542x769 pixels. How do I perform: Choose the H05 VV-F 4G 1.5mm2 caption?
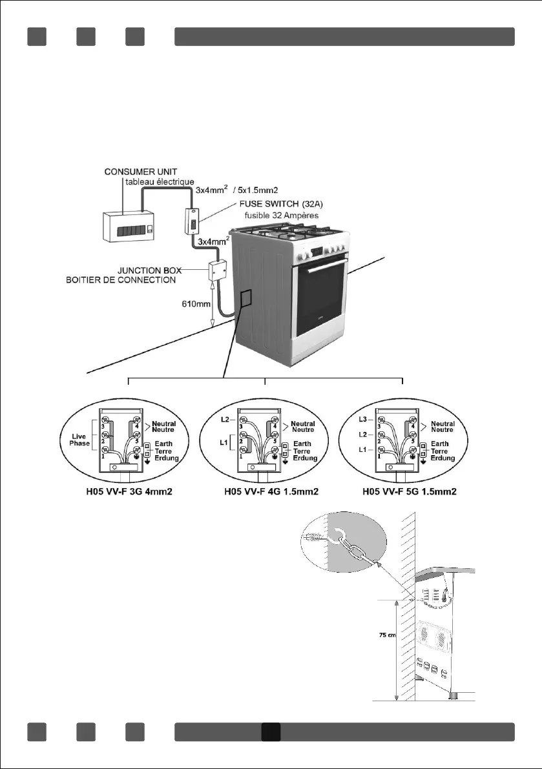(x=266, y=492)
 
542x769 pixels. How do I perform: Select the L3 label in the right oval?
(x=363, y=419)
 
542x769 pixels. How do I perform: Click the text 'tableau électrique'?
(x=160, y=183)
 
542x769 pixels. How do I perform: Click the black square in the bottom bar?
(x=271, y=732)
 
